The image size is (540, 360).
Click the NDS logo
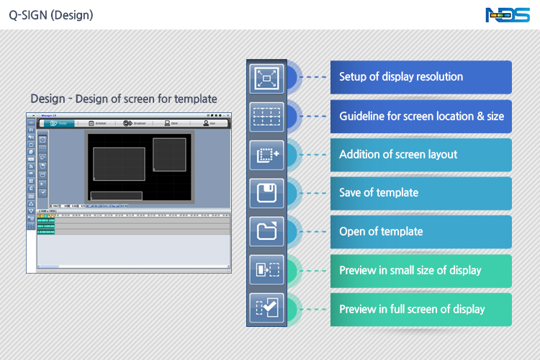508,14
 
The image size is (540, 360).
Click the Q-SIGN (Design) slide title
50,14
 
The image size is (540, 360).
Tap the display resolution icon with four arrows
267,77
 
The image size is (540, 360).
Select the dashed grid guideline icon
267,116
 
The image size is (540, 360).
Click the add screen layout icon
267,155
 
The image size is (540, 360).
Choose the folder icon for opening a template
267,232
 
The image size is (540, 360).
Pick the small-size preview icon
267,271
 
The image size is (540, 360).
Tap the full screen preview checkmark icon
267,309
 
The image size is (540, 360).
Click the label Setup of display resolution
401,77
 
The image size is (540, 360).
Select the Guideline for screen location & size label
421,116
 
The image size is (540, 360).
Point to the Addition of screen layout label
398,155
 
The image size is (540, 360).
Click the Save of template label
379,193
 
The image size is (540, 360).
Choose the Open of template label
381,232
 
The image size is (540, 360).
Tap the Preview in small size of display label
410,271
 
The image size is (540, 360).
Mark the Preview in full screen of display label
412,310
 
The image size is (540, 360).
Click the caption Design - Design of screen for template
124,99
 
